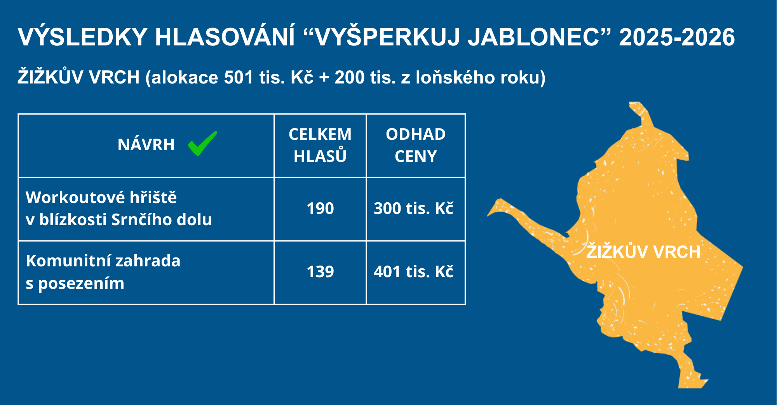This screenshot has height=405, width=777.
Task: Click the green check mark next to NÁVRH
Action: (x=202, y=144)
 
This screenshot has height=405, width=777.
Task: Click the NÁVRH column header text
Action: (x=146, y=144)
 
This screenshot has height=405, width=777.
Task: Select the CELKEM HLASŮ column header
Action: (x=320, y=145)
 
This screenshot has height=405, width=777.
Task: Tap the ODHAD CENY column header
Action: (x=416, y=145)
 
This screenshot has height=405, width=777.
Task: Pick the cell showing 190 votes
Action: (x=321, y=209)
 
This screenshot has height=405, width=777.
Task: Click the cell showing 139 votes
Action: (x=321, y=272)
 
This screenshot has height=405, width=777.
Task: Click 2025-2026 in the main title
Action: (x=677, y=37)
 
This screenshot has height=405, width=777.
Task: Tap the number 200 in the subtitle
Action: (x=349, y=77)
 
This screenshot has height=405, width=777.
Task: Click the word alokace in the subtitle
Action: (x=185, y=77)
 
